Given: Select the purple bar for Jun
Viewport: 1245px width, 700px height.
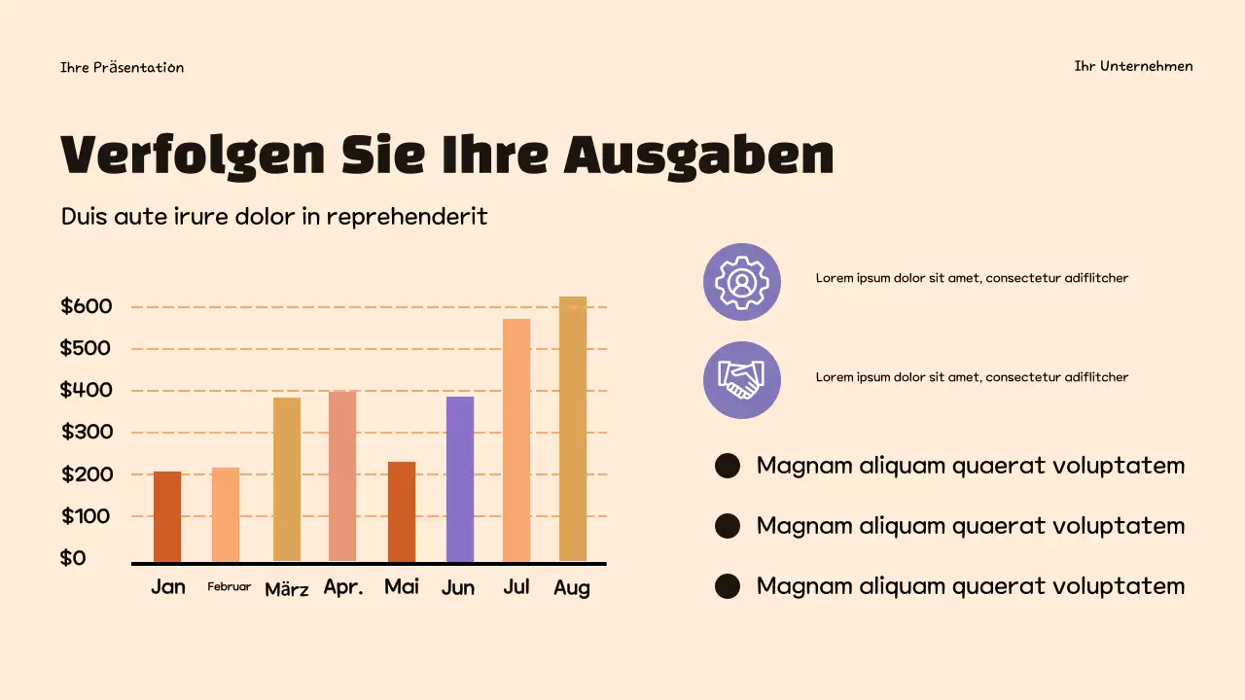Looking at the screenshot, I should pos(460,478).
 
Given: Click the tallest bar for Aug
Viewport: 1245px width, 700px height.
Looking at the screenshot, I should pos(573,429).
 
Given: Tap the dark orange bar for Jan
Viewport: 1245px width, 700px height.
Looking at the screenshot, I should pos(167,516).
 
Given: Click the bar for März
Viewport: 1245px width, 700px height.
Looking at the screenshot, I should pos(286,478).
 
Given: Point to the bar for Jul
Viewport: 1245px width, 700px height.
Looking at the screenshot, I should pos(516,439).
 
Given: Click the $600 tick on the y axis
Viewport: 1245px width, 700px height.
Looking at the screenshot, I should pos(87,306).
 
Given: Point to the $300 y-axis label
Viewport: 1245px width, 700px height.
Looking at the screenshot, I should pos(88,432).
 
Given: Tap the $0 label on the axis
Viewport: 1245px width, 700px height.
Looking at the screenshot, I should pos(73,558).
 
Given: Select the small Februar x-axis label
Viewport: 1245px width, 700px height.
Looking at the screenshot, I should pos(229,587).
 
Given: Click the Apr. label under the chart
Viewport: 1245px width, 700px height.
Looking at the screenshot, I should pos(343,587).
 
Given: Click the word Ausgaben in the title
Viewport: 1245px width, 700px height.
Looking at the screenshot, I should pos(699,156).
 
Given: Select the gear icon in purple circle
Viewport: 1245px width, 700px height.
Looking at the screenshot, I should pos(742,282).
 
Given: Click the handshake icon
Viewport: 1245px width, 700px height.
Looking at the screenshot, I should pos(742,380).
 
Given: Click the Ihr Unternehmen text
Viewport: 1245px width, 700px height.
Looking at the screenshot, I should pos(1133,66).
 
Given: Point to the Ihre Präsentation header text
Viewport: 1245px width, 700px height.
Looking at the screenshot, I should pos(122,67).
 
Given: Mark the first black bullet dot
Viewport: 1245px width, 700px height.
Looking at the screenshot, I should pos(728,466).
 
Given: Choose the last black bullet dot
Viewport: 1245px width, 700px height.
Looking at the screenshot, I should pos(728,586).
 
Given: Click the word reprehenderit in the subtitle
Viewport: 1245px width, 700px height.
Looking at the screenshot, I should pos(407,216).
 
